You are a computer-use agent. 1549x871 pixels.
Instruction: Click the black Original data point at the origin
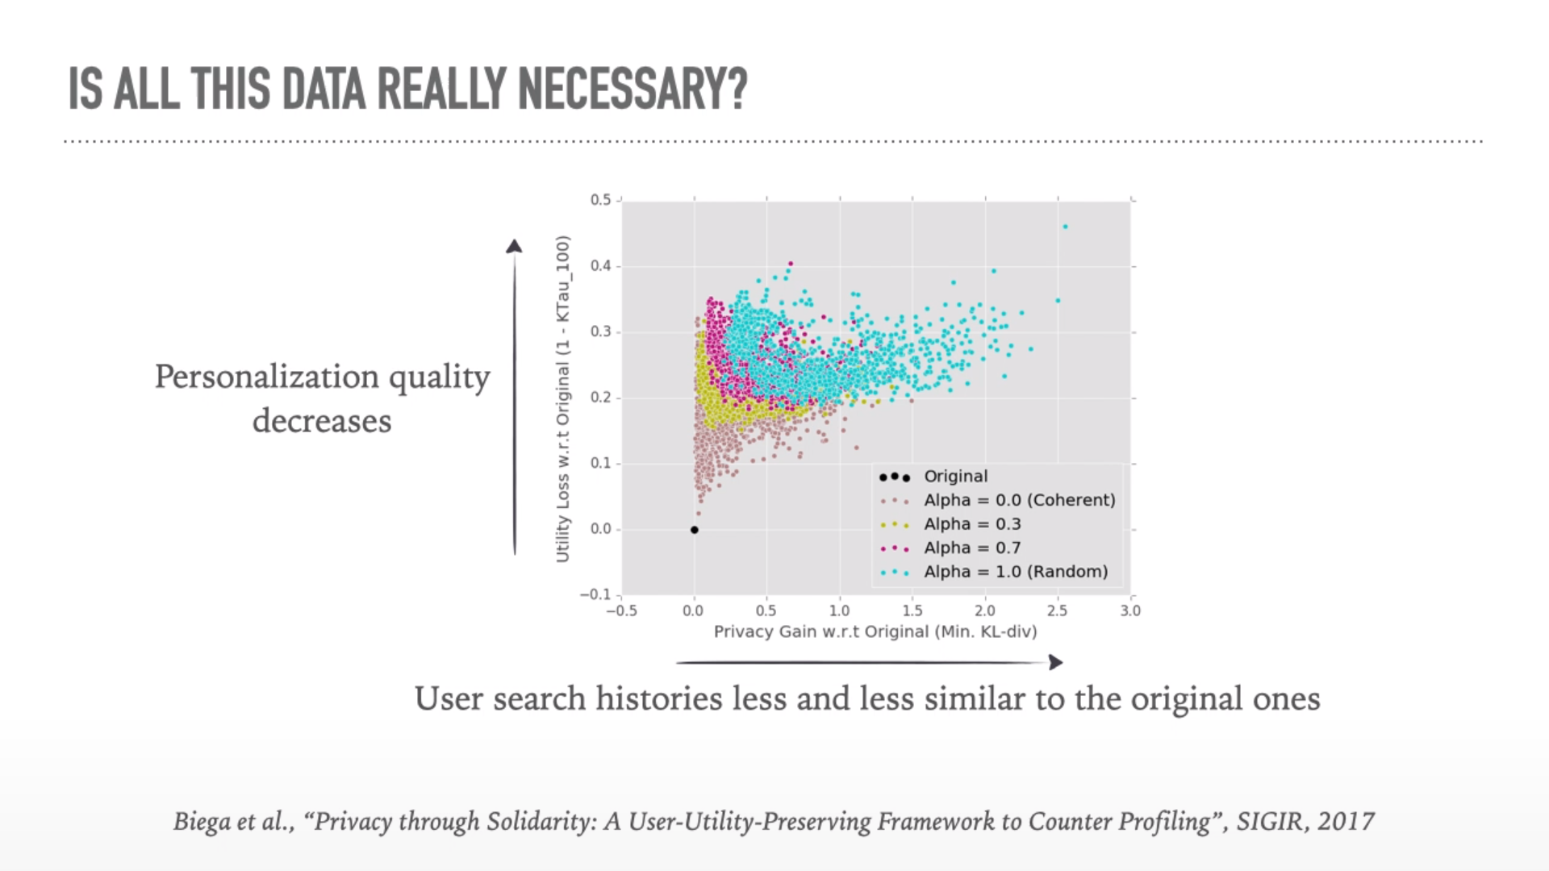pyautogui.click(x=695, y=530)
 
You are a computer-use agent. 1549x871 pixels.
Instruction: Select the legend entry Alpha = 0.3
pyautogui.click(x=972, y=524)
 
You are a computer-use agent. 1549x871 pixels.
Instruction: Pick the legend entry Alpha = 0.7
pyautogui.click(x=972, y=548)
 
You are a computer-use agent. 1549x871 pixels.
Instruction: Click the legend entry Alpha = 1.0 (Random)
pyautogui.click(x=1016, y=572)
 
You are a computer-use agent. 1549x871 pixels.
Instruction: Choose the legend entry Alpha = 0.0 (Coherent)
pyautogui.click(x=1019, y=500)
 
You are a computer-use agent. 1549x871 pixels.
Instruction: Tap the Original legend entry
pyautogui.click(x=955, y=477)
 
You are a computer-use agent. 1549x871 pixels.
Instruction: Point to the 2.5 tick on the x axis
pyautogui.click(x=1057, y=611)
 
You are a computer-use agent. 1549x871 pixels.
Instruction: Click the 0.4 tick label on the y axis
pyautogui.click(x=600, y=266)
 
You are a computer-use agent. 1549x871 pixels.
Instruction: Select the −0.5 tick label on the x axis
pyautogui.click(x=621, y=611)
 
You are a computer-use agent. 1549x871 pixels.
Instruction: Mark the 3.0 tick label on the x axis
pyautogui.click(x=1130, y=611)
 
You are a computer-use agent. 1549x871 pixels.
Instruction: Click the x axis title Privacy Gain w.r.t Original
pyautogui.click(x=875, y=631)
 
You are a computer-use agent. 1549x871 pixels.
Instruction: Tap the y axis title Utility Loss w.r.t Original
pyautogui.click(x=563, y=399)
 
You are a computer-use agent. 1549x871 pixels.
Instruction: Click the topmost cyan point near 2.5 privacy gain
pyautogui.click(x=1066, y=227)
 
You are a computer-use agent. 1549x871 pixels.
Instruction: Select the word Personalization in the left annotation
pyautogui.click(x=267, y=377)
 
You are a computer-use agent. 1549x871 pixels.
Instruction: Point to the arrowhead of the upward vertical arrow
pyautogui.click(x=514, y=246)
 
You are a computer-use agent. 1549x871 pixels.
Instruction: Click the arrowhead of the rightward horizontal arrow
pyautogui.click(x=1055, y=662)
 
